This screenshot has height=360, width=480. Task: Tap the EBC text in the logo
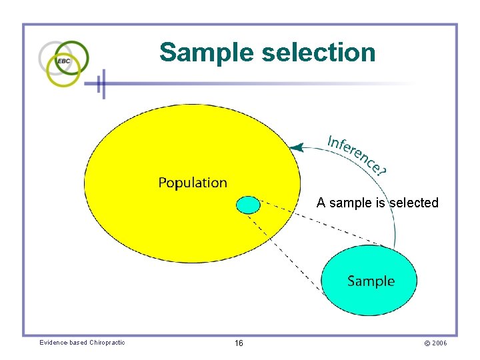click(64, 61)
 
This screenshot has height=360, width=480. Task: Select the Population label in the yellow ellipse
click(193, 183)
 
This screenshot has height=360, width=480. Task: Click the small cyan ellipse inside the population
click(248, 205)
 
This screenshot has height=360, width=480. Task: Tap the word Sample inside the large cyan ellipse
click(371, 281)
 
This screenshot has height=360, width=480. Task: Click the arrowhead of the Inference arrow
click(297, 147)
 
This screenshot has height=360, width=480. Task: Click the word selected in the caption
click(414, 203)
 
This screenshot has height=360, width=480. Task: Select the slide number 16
click(239, 343)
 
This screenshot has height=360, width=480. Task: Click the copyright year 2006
click(439, 343)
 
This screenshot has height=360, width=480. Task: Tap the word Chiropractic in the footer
click(107, 343)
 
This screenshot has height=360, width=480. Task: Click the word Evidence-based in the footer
click(63, 343)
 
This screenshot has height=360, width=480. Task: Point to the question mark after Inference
click(381, 171)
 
